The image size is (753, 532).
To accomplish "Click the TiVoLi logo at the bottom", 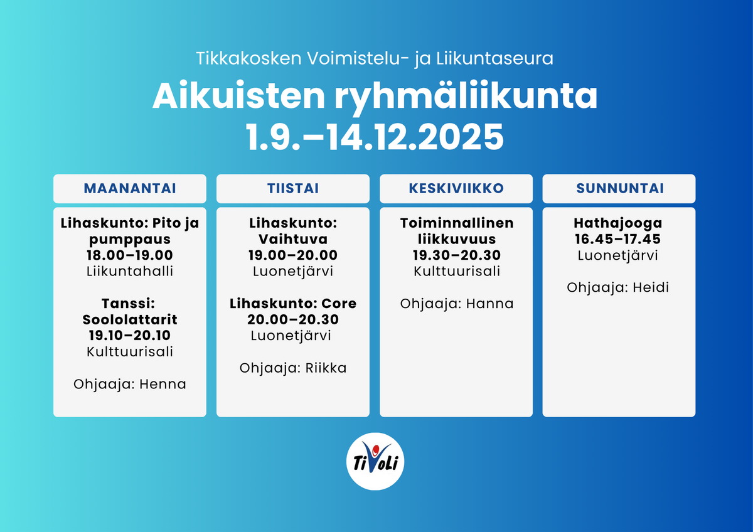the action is point(375,461).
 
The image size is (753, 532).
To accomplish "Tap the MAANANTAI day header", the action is point(130,188).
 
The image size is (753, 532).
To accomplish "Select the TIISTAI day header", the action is point(293,188).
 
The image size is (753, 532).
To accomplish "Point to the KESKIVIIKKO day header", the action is point(456,188).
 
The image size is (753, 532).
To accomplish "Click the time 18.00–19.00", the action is point(130,255).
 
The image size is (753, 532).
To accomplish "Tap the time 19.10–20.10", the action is point(130,336).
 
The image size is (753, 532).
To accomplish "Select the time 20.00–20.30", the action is point(293,319).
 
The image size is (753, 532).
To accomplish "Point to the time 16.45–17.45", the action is point(618,239).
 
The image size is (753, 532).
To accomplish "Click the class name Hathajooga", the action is point(618,223).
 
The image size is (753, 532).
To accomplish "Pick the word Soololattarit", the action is point(130,319).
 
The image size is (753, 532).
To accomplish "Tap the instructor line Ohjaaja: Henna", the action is point(130,384).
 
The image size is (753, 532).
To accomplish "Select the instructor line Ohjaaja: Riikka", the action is point(293,368).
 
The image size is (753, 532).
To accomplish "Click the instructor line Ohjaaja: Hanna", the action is point(457,304).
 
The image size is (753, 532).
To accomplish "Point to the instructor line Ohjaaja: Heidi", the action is point(618,288).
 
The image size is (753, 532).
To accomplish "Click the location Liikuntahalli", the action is point(130,271).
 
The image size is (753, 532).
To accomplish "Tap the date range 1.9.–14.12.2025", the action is point(375,137).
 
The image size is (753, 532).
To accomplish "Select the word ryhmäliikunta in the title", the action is point(466,97).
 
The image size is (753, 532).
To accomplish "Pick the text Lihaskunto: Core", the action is point(293,304).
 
